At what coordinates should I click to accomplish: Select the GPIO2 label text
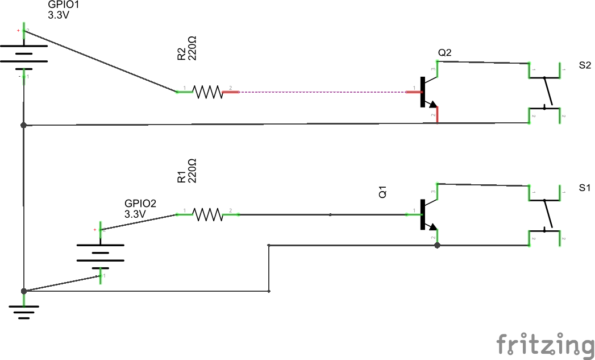tap(140, 203)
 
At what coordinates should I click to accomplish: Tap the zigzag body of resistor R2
tap(207, 92)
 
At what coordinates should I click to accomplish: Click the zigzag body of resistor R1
tap(207, 214)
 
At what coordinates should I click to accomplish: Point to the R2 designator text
tap(181, 55)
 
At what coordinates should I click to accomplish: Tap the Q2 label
tap(445, 53)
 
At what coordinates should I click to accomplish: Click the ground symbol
tap(24, 310)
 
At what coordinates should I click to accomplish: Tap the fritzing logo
tap(545, 344)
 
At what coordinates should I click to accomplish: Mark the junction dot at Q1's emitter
tap(437, 246)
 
